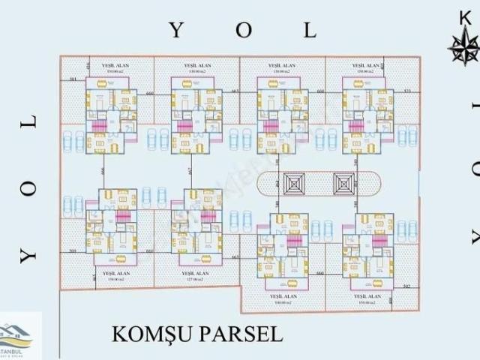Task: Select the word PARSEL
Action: click(243, 333)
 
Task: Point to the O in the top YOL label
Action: click(243, 30)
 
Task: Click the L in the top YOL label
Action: click(309, 30)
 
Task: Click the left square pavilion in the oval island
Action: click(294, 182)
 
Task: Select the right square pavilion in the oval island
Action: click(344, 182)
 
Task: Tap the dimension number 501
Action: click(73, 79)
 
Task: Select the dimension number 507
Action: click(406, 286)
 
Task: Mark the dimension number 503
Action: click(72, 251)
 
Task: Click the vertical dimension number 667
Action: click(189, 172)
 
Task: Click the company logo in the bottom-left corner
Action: click(21, 336)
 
